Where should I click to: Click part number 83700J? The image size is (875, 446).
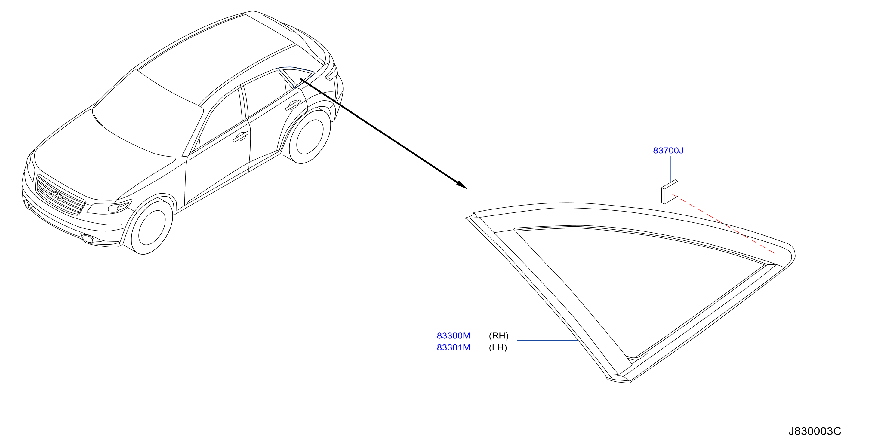click(668, 150)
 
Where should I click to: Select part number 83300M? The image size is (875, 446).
click(454, 336)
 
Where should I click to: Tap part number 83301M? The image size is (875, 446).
click(454, 347)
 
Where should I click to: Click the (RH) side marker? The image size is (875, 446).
click(499, 336)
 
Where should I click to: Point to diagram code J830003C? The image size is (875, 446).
click(815, 431)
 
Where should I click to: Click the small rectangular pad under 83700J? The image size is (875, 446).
click(670, 192)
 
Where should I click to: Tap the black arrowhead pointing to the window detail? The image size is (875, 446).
click(462, 185)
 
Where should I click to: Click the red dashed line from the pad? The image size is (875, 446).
click(723, 224)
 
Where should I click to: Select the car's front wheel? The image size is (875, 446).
click(152, 227)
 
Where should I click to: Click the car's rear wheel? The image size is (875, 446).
click(310, 136)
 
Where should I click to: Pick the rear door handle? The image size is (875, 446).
click(293, 105)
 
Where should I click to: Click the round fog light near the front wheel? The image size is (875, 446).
click(88, 239)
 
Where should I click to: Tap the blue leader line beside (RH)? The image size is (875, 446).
click(547, 340)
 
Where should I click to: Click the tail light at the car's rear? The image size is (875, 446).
click(331, 72)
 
